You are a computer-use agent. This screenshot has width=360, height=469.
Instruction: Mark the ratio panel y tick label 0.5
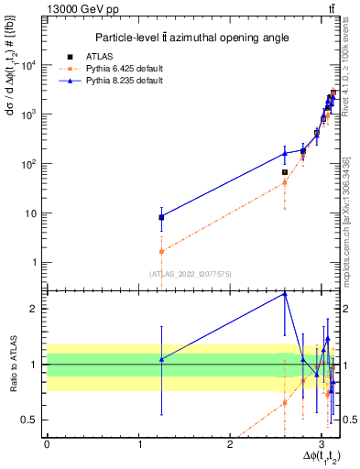[29, 420]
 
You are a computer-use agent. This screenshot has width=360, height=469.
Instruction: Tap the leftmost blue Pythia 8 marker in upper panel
[161, 217]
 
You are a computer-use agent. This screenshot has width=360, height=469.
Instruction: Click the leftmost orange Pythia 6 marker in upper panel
[161, 251]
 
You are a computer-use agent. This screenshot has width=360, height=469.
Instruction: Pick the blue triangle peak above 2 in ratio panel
[285, 293]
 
